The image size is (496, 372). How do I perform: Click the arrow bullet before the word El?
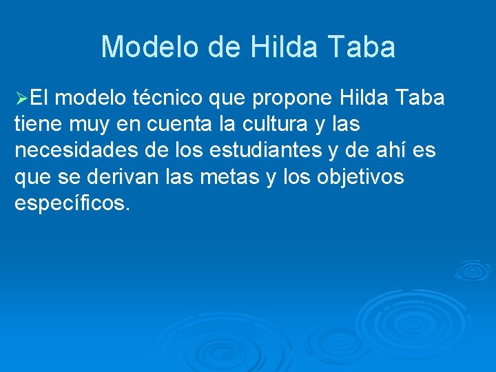[x=22, y=99]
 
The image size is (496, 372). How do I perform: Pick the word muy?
[x=88, y=125]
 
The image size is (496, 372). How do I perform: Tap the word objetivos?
[x=362, y=176]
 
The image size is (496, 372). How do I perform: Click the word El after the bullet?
[x=40, y=98]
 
